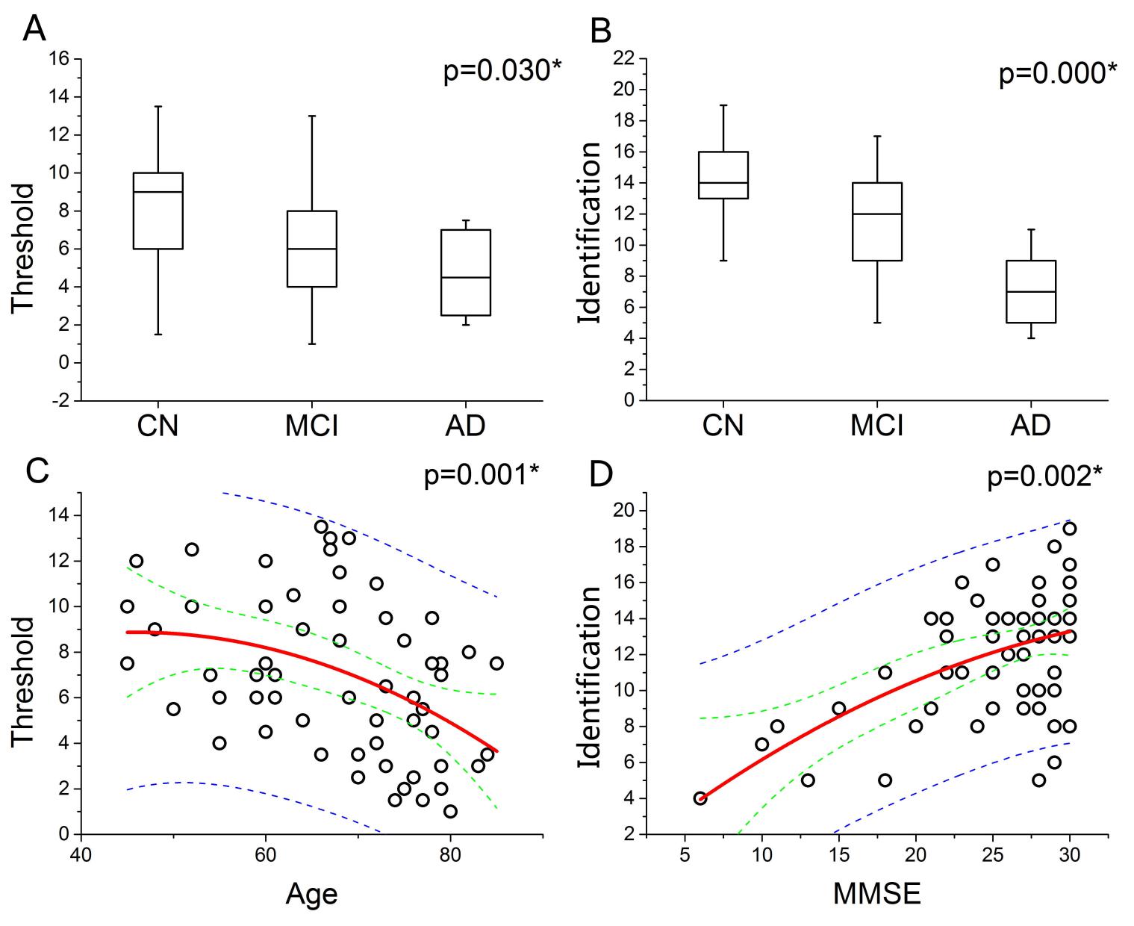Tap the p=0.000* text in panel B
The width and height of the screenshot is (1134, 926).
[1058, 74]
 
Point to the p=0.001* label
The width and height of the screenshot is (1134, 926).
[482, 476]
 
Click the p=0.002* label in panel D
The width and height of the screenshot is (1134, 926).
[1044, 476]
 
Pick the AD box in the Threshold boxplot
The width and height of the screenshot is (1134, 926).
[465, 273]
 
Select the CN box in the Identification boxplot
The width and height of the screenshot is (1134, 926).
[723, 175]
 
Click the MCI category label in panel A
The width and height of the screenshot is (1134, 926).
[311, 426]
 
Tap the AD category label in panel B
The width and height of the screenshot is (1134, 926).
[1030, 426]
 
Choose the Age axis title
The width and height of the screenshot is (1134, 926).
[311, 893]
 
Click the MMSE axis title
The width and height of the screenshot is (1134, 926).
[877, 893]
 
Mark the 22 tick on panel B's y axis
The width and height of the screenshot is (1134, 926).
[626, 59]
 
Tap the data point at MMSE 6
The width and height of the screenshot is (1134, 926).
[700, 798]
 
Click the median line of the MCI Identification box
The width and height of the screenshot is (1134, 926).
[877, 214]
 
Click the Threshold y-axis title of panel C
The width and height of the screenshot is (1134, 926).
[24, 680]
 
